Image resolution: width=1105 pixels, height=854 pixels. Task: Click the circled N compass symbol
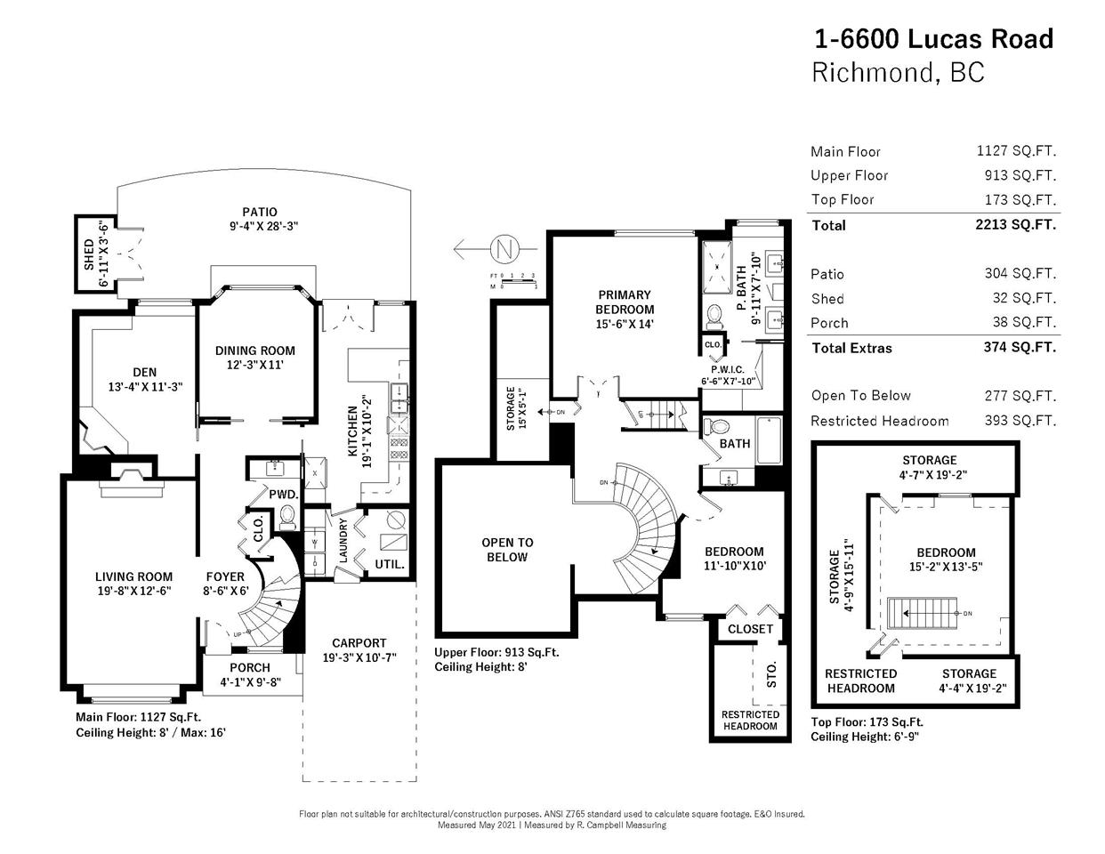pyautogui.click(x=504, y=249)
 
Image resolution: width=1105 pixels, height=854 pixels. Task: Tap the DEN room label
pyautogui.click(x=145, y=372)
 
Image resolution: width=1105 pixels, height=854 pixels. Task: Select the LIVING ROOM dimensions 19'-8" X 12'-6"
pyautogui.click(x=134, y=591)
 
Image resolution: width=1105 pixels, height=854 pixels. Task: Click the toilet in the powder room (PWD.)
pyautogui.click(x=288, y=517)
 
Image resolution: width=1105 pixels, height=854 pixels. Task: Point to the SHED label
pyautogui.click(x=89, y=254)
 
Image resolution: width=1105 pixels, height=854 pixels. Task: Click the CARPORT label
pyautogui.click(x=359, y=642)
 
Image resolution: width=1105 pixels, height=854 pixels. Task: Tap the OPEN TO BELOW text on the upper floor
pyautogui.click(x=507, y=550)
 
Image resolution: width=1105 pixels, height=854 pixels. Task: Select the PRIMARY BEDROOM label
pyautogui.click(x=625, y=302)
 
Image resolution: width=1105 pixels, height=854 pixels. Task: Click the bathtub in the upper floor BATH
pyautogui.click(x=769, y=440)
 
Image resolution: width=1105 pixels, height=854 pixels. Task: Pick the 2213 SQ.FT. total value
pyautogui.click(x=1015, y=225)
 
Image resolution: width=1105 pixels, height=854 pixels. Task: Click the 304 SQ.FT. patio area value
pyautogui.click(x=1020, y=273)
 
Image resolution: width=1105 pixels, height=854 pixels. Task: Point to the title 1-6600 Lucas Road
pyautogui.click(x=933, y=39)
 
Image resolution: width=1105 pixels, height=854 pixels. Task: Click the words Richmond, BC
pyautogui.click(x=898, y=72)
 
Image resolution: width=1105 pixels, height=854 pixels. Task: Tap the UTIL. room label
pyautogui.click(x=390, y=564)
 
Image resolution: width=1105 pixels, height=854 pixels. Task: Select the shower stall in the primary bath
pyautogui.click(x=717, y=267)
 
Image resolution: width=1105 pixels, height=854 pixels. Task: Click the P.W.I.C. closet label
pyautogui.click(x=728, y=369)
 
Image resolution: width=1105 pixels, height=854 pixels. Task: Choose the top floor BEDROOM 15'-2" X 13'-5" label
pyautogui.click(x=946, y=560)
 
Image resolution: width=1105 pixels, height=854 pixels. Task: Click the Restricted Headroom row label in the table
pyautogui.click(x=880, y=422)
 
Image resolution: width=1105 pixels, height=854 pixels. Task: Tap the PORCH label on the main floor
pyautogui.click(x=250, y=667)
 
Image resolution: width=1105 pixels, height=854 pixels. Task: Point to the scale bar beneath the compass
pyautogui.click(x=514, y=280)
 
